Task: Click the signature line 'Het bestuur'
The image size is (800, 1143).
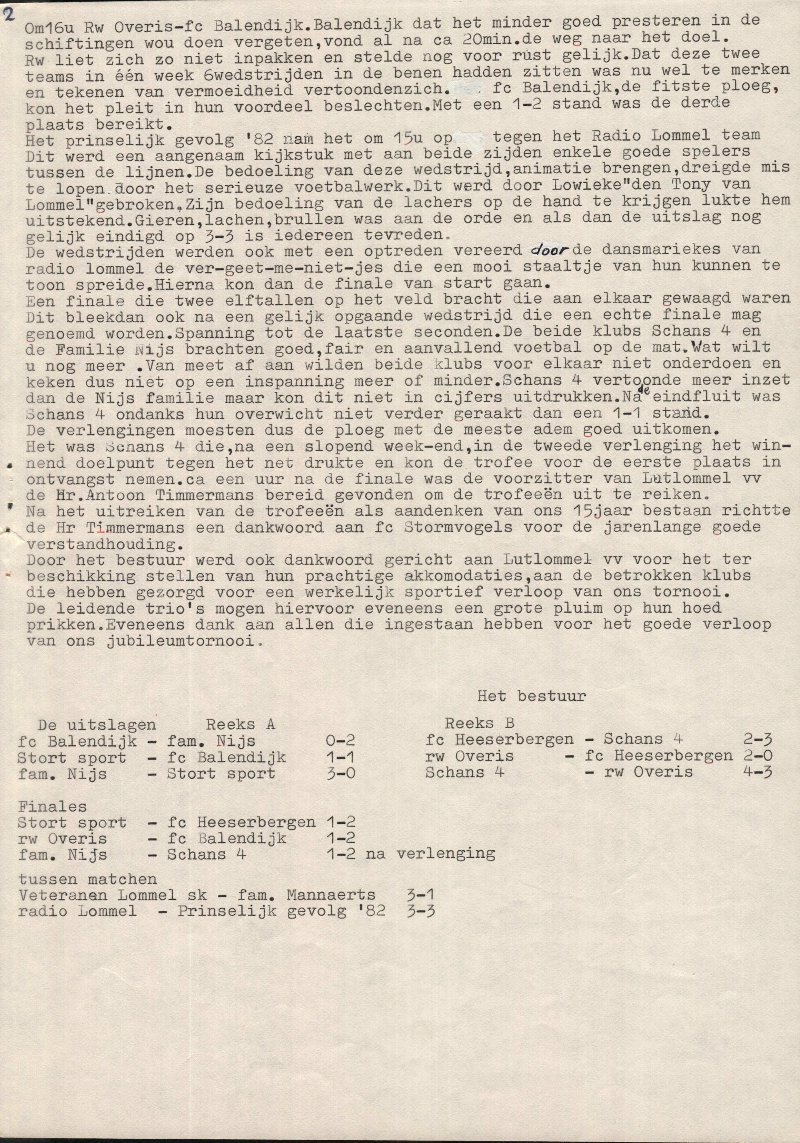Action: point(531,695)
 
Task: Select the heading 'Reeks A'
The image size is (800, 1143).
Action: point(241,724)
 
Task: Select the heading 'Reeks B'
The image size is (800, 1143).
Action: point(479,723)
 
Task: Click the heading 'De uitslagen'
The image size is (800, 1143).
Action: point(97,724)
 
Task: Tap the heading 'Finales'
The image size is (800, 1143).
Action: point(52,806)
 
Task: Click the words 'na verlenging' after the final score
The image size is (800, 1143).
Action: point(430,854)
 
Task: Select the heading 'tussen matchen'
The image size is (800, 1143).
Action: point(87,879)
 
